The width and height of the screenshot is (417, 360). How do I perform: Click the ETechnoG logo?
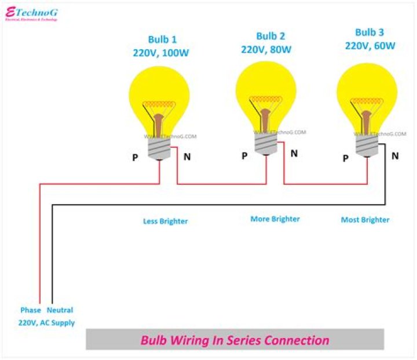31,13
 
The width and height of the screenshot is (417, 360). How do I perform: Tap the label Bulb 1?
162,40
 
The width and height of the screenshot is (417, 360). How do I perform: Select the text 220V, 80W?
268,49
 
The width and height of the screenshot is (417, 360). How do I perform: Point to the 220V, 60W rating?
370,45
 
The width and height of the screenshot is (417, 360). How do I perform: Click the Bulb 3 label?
370,32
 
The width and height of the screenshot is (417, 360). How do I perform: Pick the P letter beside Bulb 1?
135,157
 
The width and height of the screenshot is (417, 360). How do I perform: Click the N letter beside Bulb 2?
294,154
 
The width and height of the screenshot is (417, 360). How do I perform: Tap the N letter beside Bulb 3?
395,155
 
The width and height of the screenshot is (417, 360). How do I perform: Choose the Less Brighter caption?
166,221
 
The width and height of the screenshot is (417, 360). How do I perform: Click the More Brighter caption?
275,219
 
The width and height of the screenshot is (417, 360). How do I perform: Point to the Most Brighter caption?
365,220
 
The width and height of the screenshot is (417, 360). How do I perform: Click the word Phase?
31,310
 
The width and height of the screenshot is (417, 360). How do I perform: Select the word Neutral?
60,310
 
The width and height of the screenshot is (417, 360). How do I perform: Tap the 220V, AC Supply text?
46,323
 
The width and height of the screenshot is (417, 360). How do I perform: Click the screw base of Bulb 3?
367,145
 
